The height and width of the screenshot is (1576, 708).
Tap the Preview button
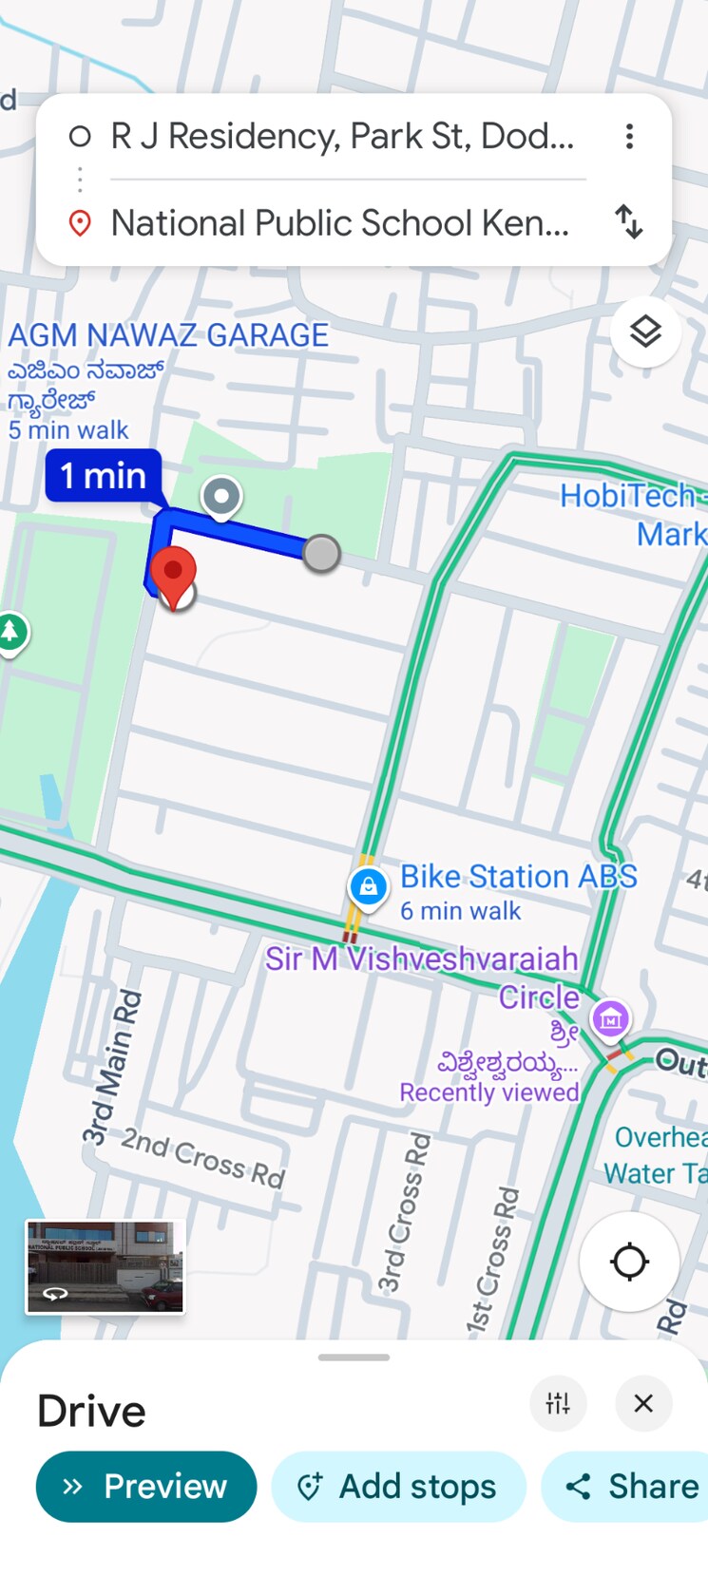146,1486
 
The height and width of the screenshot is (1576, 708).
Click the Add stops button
398,1486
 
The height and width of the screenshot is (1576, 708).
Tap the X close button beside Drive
643,1403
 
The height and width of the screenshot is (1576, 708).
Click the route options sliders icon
558,1403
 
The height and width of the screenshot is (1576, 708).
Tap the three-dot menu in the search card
629,137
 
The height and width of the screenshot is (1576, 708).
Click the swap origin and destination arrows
629,222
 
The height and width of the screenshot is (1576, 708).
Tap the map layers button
645,332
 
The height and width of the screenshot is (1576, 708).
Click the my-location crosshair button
629,1262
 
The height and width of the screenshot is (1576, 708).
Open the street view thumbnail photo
105,1267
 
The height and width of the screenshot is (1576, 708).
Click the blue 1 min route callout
104,475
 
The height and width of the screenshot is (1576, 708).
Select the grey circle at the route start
321,553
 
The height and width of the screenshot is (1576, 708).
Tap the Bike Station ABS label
518,877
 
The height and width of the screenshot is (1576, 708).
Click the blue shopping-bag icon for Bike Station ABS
368,887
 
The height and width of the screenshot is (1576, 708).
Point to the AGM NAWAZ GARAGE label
168,335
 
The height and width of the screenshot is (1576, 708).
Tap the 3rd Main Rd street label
112,1068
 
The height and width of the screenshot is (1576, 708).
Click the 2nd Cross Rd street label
203,1158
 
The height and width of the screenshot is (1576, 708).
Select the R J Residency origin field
342,137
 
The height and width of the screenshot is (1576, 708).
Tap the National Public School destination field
339,223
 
